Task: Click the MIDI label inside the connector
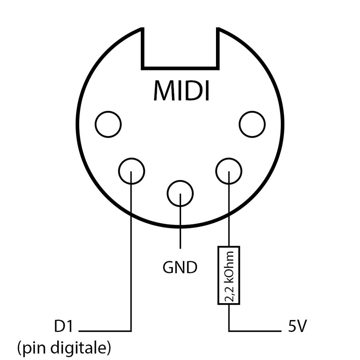click(x=181, y=91)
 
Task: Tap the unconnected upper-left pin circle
click(x=108, y=124)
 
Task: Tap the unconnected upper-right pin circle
click(x=252, y=124)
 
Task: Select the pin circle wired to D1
click(x=131, y=171)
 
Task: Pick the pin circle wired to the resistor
click(x=228, y=171)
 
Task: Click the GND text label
click(x=180, y=267)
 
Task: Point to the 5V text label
click(x=297, y=327)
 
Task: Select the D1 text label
click(x=64, y=327)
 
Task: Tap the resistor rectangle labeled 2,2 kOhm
click(x=228, y=275)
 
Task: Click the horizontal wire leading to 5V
click(x=256, y=331)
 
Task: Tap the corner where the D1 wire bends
click(x=131, y=331)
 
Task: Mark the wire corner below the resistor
click(x=228, y=331)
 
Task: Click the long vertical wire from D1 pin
click(x=131, y=256)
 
